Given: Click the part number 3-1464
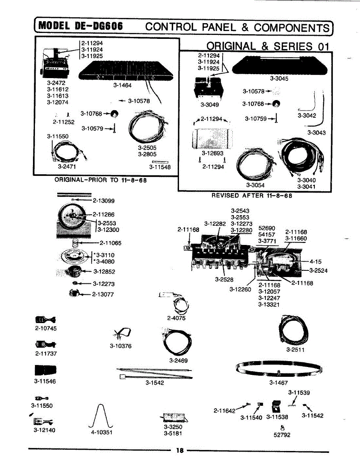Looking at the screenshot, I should pos(122,85).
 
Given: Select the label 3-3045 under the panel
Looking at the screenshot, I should pos(279,78).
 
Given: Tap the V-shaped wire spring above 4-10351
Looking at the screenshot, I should pos(101,416).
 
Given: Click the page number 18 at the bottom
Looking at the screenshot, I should pos(180,451).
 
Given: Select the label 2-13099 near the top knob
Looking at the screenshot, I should pos(104,201).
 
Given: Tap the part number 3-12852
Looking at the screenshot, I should pos(104,271).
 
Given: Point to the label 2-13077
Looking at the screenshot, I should pos(103,294).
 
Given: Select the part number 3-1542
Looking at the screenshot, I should pos(155,383).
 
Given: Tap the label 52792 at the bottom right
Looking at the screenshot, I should pos(281,434).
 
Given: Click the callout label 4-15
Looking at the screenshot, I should pos(315,261).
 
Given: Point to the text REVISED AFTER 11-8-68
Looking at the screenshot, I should pos(252,195).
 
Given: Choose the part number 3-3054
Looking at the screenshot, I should pos(255,185).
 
